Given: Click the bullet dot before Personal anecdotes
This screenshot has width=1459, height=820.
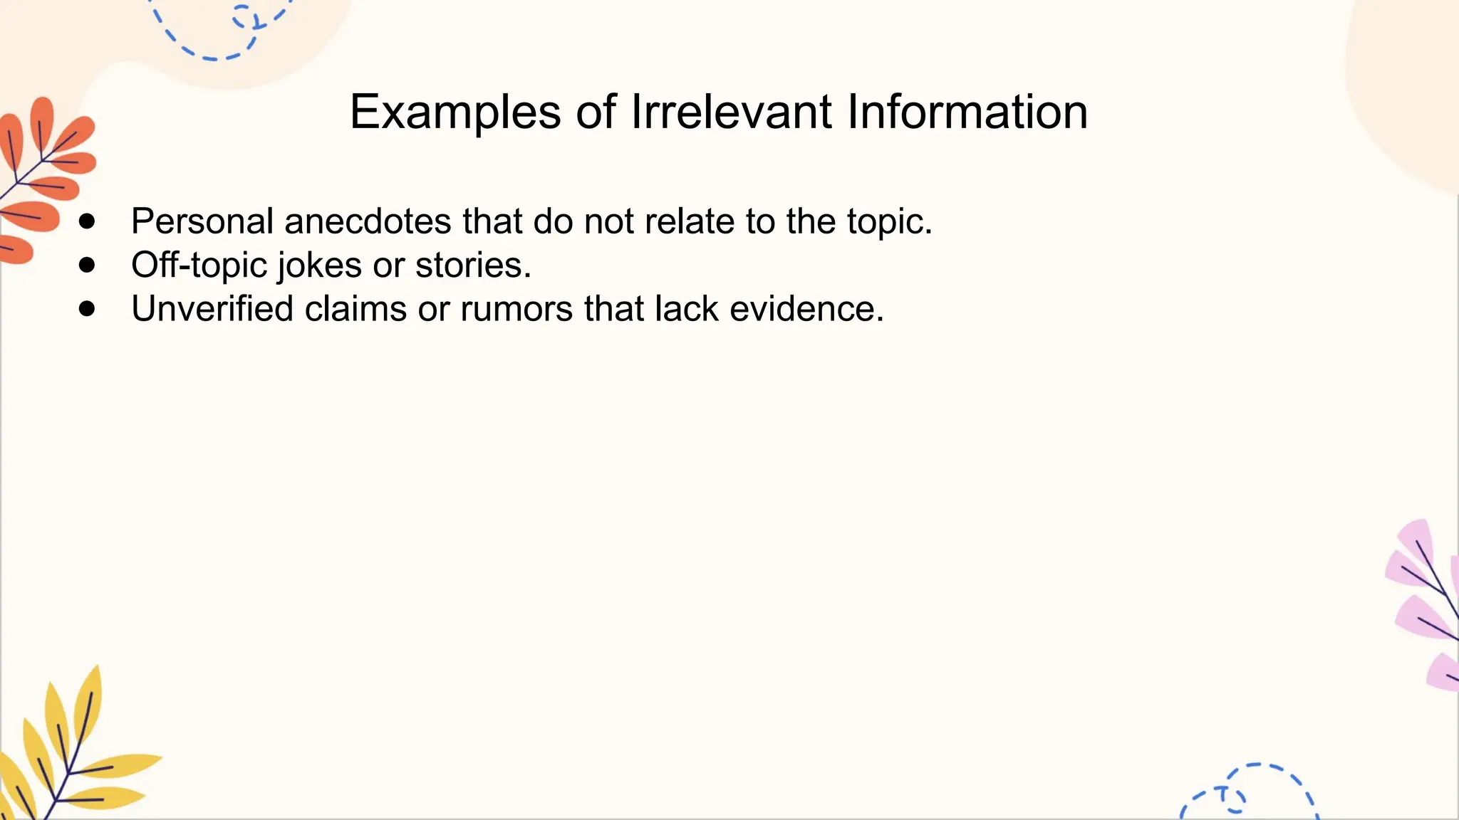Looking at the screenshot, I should (x=87, y=221).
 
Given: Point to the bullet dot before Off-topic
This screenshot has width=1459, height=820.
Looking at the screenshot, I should (x=87, y=266).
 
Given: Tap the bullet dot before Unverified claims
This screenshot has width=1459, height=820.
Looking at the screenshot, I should (x=87, y=309).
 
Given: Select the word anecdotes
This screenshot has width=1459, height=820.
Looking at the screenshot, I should (x=368, y=221).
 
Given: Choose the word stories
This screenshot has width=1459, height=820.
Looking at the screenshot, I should (x=473, y=266).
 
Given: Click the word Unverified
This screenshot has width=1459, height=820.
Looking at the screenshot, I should (x=212, y=309).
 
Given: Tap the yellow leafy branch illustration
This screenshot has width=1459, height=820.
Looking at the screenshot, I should (x=71, y=755).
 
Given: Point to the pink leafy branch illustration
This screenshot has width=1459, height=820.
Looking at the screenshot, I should (x=1425, y=605).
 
